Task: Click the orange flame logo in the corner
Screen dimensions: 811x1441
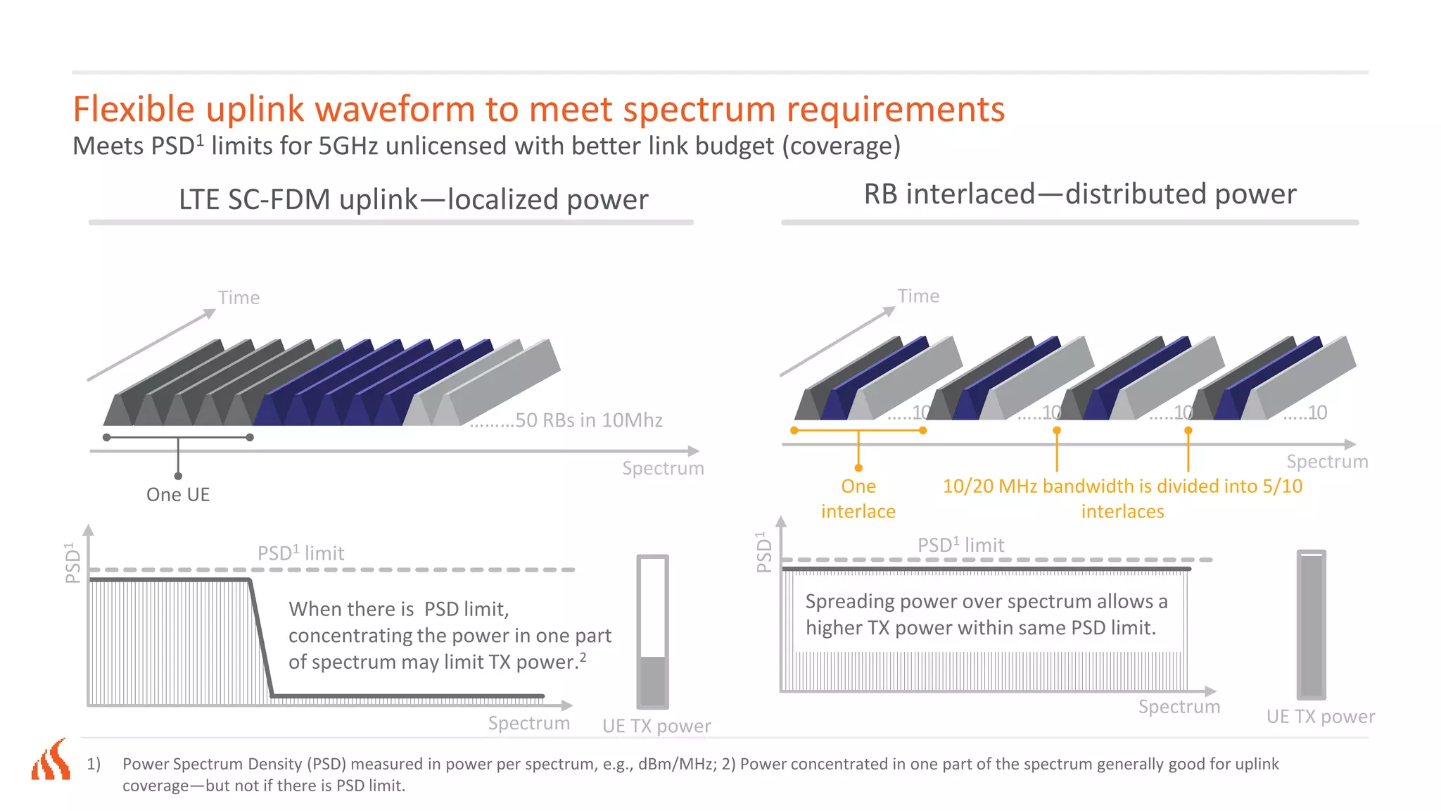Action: tap(51, 760)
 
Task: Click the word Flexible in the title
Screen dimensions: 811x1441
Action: tap(134, 110)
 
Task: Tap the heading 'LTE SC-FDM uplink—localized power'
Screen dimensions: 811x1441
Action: tap(413, 199)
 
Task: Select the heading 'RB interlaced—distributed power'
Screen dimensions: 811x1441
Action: tap(1079, 194)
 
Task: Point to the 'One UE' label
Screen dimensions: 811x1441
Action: tap(178, 494)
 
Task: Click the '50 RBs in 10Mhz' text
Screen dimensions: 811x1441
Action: tap(588, 420)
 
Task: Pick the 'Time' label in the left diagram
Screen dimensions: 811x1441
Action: tap(239, 298)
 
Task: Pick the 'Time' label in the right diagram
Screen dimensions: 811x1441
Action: tap(918, 296)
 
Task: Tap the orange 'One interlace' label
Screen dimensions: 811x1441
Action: tap(858, 498)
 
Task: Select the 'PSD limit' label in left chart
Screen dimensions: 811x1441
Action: tap(300, 553)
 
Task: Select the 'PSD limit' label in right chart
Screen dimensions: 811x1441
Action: tap(960, 545)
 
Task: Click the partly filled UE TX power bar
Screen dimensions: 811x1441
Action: tap(652, 631)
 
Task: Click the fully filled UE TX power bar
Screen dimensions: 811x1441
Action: tap(1311, 624)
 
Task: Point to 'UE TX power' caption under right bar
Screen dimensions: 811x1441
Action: tap(1320, 717)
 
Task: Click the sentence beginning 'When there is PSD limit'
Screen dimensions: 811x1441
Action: tap(449, 635)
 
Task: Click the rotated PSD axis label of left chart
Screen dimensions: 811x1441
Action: tap(72, 562)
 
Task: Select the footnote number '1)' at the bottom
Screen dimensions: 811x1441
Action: tap(94, 764)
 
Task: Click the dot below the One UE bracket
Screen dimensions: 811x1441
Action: tap(178, 477)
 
